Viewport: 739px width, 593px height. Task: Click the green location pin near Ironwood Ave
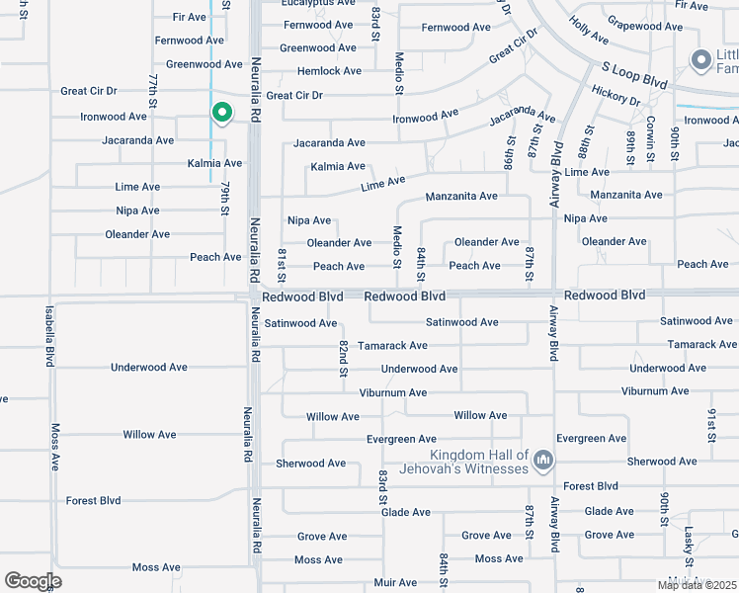point(222,114)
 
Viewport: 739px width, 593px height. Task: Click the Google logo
point(33,581)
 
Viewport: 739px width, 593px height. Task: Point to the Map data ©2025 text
point(698,585)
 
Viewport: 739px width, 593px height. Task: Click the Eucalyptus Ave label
point(318,4)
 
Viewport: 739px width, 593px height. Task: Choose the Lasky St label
point(688,540)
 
